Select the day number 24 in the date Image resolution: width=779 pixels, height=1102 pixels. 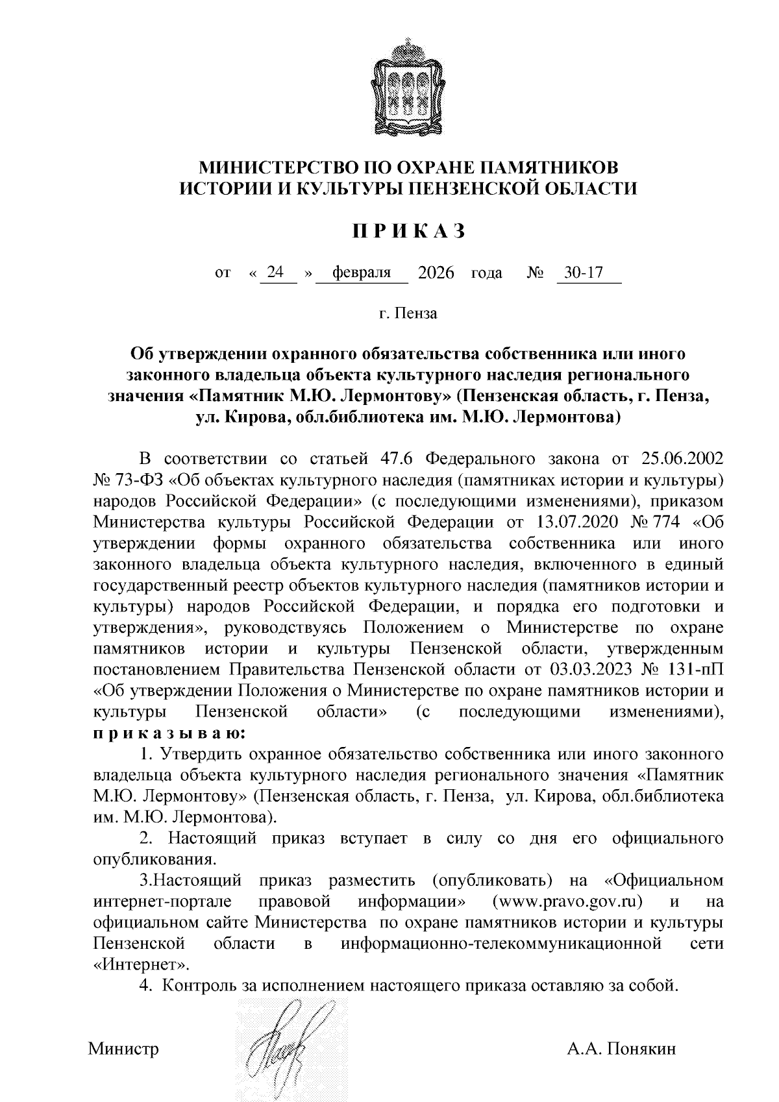276,273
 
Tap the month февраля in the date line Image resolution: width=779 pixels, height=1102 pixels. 361,273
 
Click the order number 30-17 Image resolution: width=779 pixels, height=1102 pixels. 584,273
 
